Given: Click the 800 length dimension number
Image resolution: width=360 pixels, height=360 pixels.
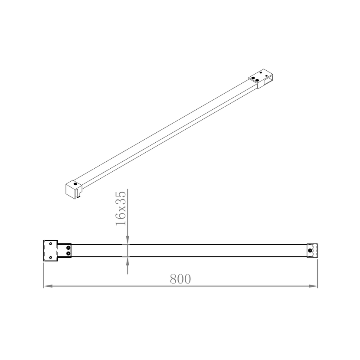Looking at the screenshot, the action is [180, 279].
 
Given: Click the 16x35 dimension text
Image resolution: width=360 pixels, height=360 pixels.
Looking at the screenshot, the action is [121, 208].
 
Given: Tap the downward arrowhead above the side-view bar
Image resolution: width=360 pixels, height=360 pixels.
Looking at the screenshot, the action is [128, 240].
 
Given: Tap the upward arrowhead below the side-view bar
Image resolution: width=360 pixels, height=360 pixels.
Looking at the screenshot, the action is [128, 261].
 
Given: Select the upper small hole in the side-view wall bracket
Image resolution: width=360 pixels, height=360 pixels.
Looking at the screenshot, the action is [50, 244].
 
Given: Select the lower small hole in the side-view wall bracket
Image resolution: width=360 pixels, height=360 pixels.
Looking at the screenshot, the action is [50, 257].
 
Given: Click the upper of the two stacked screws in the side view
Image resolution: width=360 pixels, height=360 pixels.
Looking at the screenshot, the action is [68, 248].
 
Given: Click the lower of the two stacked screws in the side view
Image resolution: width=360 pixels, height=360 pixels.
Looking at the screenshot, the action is [68, 253].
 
